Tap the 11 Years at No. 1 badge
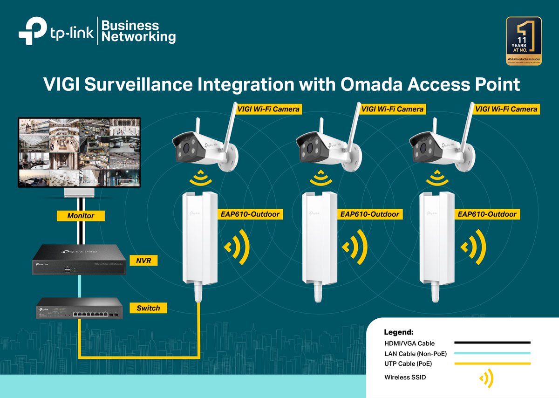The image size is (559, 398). (524, 41)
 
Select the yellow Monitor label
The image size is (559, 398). (81, 216)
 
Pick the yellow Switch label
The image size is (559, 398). (148, 308)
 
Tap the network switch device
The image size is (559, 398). (79, 309)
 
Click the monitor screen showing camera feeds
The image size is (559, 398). (79, 152)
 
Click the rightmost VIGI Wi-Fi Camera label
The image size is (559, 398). (506, 109)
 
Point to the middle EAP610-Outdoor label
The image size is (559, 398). (369, 214)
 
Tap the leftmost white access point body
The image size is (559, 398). (199, 238)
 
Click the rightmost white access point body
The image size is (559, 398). (437, 238)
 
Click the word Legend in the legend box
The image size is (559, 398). (398, 333)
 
